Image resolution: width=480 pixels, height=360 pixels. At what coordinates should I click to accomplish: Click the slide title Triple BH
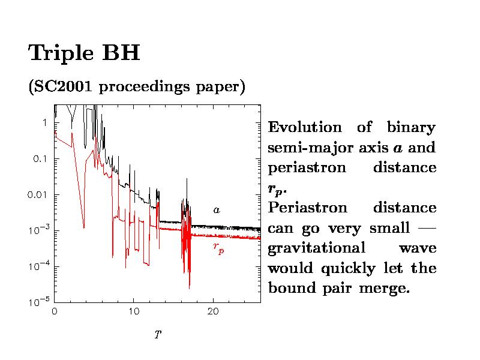point(84,53)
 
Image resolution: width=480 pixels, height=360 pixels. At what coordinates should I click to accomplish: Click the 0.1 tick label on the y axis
point(40,159)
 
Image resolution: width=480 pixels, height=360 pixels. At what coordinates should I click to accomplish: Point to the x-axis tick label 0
point(55,312)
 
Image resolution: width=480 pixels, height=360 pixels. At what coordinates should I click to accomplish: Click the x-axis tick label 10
point(134,312)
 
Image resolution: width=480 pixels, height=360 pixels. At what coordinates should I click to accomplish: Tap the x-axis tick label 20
point(213,312)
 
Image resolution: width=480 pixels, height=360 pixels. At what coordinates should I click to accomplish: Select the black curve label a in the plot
point(217,211)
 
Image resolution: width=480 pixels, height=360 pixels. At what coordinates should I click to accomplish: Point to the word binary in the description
point(411,128)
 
